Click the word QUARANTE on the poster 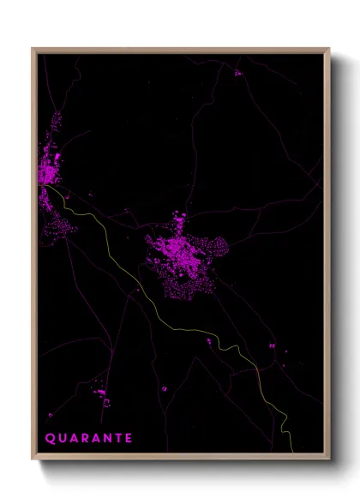[x=88, y=437]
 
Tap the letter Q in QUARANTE [x=49, y=437]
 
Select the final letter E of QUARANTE [x=129, y=437]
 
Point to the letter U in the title [x=61, y=437]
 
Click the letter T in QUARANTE [x=117, y=437]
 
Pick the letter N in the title [x=106, y=437]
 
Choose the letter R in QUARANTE [x=83, y=437]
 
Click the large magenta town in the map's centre [x=184, y=253]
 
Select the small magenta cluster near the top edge [x=237, y=73]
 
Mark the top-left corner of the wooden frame [x=33, y=49]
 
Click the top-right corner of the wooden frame [x=329, y=49]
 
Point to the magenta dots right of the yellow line [x=271, y=345]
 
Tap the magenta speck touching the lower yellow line [x=208, y=341]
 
